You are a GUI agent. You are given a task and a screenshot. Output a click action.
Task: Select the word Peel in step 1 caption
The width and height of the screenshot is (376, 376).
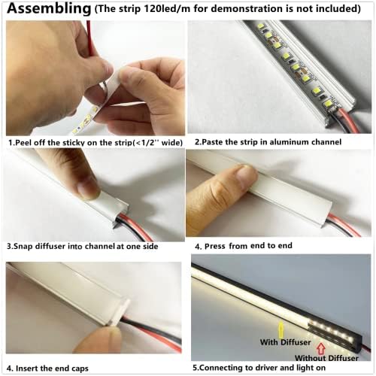point(28,141)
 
